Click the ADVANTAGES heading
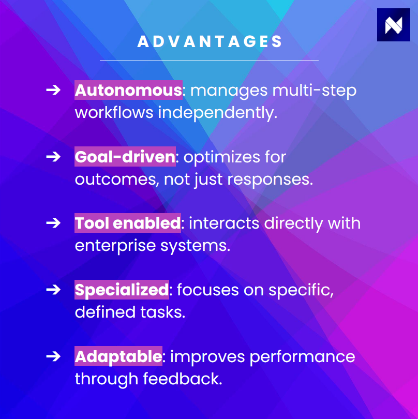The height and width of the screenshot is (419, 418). [x=210, y=42]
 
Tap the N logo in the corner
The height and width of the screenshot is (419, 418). [x=393, y=25]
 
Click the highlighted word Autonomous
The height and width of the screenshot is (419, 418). [x=128, y=90]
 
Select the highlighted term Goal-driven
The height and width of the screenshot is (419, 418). [x=125, y=157]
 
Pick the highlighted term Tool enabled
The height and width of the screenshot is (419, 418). [x=127, y=223]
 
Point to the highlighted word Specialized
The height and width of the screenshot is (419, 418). [x=122, y=290]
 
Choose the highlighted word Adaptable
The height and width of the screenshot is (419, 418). [x=118, y=356]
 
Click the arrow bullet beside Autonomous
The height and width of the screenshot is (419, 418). [x=53, y=90]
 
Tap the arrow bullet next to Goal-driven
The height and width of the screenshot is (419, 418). [x=53, y=157]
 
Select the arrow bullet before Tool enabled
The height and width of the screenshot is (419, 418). [x=53, y=223]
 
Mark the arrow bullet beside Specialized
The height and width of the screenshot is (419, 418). [x=53, y=290]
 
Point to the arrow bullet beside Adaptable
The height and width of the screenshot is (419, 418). [x=53, y=356]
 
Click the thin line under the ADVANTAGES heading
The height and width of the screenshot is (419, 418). [x=209, y=61]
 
